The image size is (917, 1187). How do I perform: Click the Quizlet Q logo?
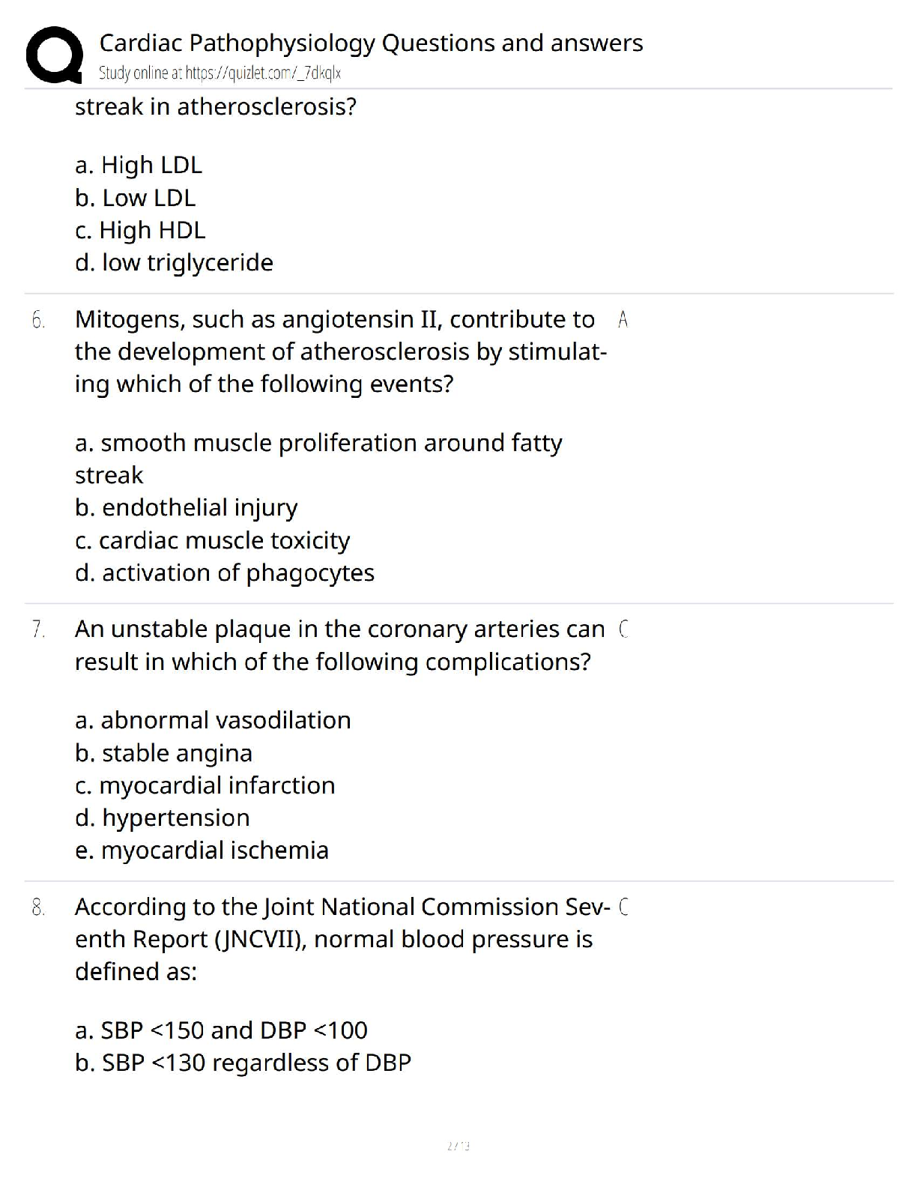click(54, 54)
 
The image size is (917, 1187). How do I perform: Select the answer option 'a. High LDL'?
click(139, 165)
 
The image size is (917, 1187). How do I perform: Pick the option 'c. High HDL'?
click(140, 230)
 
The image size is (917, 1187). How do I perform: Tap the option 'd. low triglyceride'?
click(174, 262)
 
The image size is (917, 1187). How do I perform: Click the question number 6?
click(38, 320)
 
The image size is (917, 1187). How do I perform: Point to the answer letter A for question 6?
click(623, 320)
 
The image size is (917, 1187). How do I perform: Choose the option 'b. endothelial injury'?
click(186, 507)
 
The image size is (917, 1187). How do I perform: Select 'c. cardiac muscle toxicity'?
click(212, 540)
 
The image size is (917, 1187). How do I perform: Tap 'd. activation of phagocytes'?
click(224, 573)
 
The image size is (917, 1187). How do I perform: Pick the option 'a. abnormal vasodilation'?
click(213, 720)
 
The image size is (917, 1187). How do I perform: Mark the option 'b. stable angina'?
click(163, 753)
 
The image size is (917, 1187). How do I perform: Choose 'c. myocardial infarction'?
click(205, 785)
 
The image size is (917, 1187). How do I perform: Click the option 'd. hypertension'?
click(162, 818)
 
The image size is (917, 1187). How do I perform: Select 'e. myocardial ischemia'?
click(202, 851)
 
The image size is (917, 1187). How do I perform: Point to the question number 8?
click(38, 907)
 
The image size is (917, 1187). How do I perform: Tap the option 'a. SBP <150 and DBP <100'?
click(221, 1030)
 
